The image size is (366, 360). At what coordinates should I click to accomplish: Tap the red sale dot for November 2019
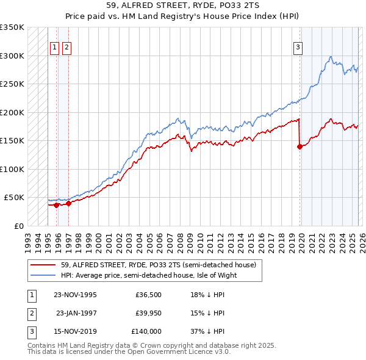coord(300,146)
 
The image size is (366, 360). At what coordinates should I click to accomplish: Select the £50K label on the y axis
coord(14,198)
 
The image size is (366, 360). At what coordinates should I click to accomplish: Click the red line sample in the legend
coord(43,265)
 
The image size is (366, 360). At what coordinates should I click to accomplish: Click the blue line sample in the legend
coord(43,275)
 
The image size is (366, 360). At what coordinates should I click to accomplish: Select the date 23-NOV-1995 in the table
coord(75,295)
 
